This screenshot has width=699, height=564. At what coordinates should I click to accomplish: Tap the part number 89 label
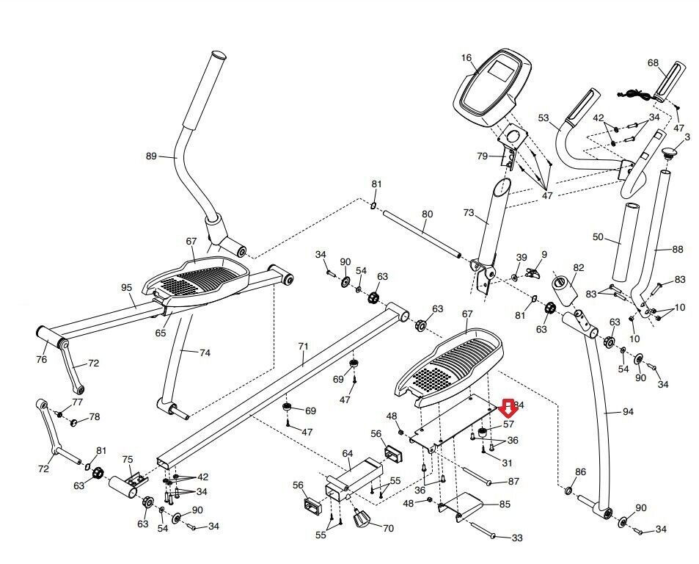pyautogui.click(x=152, y=156)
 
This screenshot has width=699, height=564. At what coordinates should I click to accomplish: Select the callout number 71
pyautogui.click(x=304, y=344)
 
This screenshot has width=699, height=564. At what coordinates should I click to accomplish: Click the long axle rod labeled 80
pyautogui.click(x=421, y=234)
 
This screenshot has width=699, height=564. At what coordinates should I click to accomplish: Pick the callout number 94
pyautogui.click(x=627, y=412)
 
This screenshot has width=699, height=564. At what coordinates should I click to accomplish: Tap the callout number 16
pyautogui.click(x=467, y=57)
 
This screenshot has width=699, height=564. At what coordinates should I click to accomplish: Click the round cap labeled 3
pyautogui.click(x=669, y=153)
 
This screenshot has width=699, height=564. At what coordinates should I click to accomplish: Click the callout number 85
pyautogui.click(x=505, y=505)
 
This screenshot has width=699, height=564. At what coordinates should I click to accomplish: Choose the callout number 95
pyautogui.click(x=126, y=287)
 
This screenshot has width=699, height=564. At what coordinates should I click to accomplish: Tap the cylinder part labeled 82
pyautogui.click(x=566, y=291)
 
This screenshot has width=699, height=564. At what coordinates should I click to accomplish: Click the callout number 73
pyautogui.click(x=469, y=212)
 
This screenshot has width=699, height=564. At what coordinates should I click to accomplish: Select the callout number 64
pyautogui.click(x=348, y=453)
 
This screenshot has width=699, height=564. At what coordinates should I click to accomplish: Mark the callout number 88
pyautogui.click(x=677, y=250)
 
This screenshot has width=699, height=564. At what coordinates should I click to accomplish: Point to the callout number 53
pyautogui.click(x=544, y=117)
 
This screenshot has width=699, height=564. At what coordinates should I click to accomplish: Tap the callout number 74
pyautogui.click(x=205, y=352)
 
